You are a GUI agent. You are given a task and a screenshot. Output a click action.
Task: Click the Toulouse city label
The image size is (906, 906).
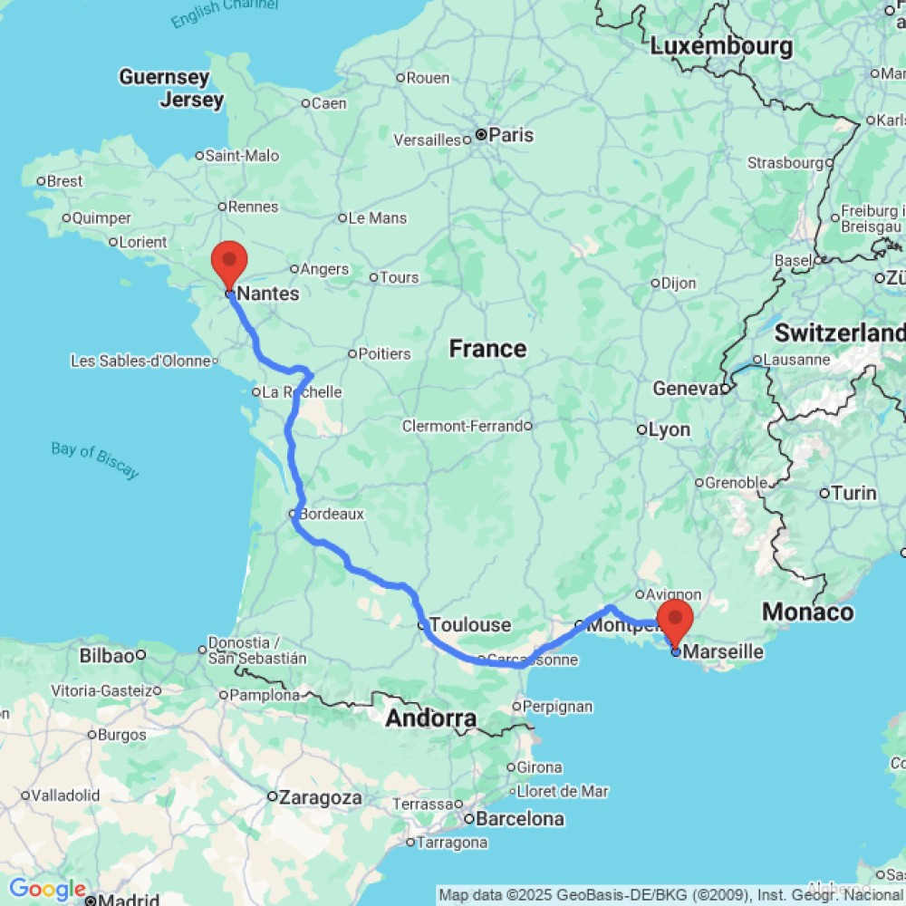pyautogui.click(x=470, y=625)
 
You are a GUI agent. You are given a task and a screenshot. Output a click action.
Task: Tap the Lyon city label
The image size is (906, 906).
pyautogui.click(x=670, y=429)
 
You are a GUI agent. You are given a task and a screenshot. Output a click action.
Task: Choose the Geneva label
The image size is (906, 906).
pyautogui.click(x=686, y=389)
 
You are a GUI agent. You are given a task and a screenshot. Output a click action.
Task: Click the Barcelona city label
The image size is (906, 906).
pyautogui.click(x=520, y=819)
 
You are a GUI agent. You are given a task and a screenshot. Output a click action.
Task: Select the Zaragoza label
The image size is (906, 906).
pyautogui.click(x=321, y=798)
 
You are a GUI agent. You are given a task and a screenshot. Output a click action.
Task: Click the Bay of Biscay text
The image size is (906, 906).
pyautogui.click(x=94, y=460)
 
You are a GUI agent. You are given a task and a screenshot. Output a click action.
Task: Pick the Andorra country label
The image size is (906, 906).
pyautogui.click(x=431, y=719)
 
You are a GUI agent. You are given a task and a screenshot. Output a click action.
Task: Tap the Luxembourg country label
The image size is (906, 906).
pyautogui.click(x=721, y=45)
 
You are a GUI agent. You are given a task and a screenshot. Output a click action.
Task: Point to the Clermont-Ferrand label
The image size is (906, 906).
pyautogui.click(x=462, y=426)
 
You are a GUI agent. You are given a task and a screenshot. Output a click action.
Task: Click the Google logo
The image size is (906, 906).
pyautogui.click(x=47, y=890)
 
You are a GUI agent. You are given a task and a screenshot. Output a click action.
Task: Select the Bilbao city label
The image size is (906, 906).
pyautogui.click(x=106, y=655)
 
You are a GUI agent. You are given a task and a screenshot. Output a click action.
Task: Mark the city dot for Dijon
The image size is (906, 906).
pyautogui.click(x=655, y=283)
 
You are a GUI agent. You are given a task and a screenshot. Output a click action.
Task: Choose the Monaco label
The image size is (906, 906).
pyautogui.click(x=807, y=612)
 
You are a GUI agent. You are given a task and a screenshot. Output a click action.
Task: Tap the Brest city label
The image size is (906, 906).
pyautogui.click(x=64, y=181)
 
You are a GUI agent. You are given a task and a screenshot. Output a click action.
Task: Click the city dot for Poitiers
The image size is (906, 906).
pyautogui.click(x=353, y=353)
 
